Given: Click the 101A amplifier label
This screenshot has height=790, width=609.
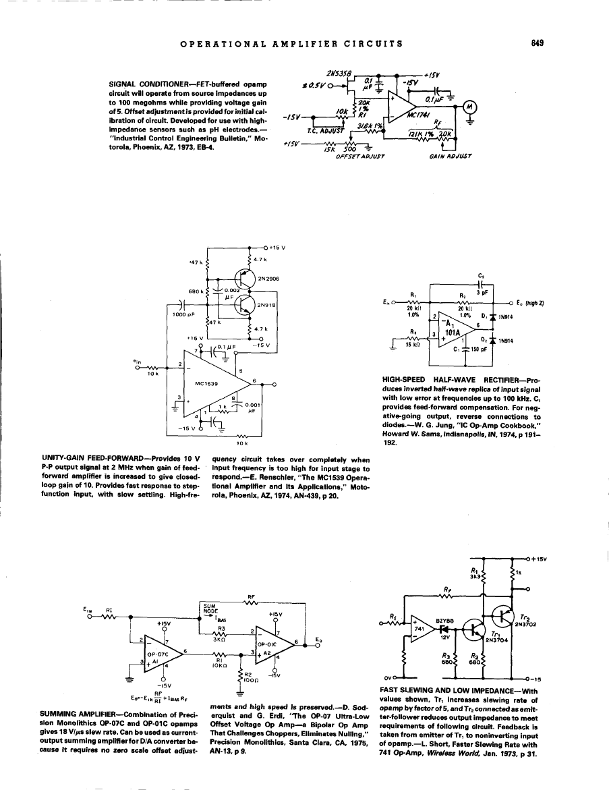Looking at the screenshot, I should click(461, 332).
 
